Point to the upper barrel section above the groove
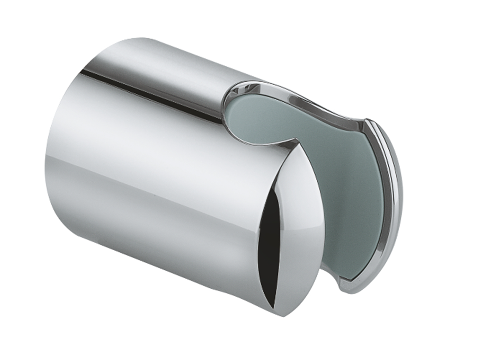point(161,61)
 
